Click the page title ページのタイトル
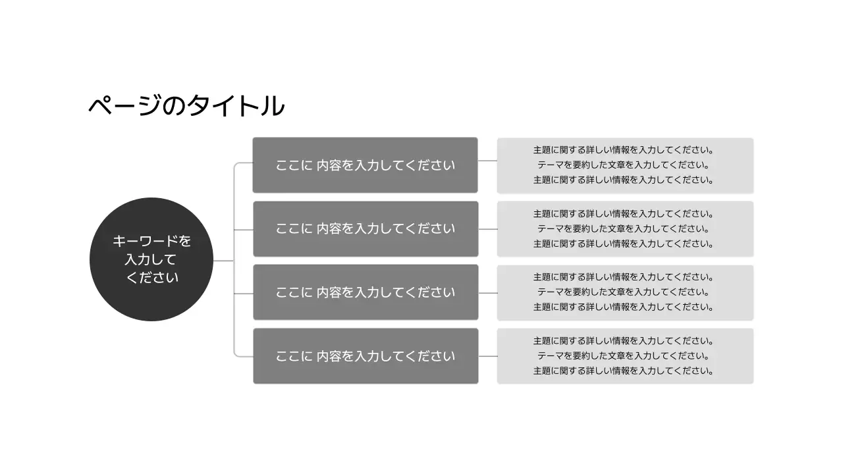pos(186,106)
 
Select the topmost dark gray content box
pos(366,165)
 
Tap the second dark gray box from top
pos(366,228)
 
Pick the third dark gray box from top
pos(366,292)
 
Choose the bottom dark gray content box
pos(366,356)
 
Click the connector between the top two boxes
pos(487,161)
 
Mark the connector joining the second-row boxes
pos(487,229)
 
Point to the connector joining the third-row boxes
pos(487,292)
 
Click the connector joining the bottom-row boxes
pos(487,356)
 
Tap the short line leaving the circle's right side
pos(223,261)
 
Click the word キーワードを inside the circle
pos(151,242)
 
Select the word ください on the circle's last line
pos(151,278)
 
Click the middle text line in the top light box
pos(623,165)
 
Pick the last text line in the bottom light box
pos(623,371)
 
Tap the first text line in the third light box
pos(623,277)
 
